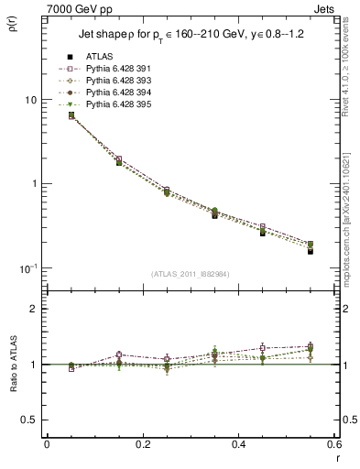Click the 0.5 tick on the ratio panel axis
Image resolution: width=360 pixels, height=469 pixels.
(x=32, y=420)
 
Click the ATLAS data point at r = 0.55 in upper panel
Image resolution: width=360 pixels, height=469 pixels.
(x=311, y=251)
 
